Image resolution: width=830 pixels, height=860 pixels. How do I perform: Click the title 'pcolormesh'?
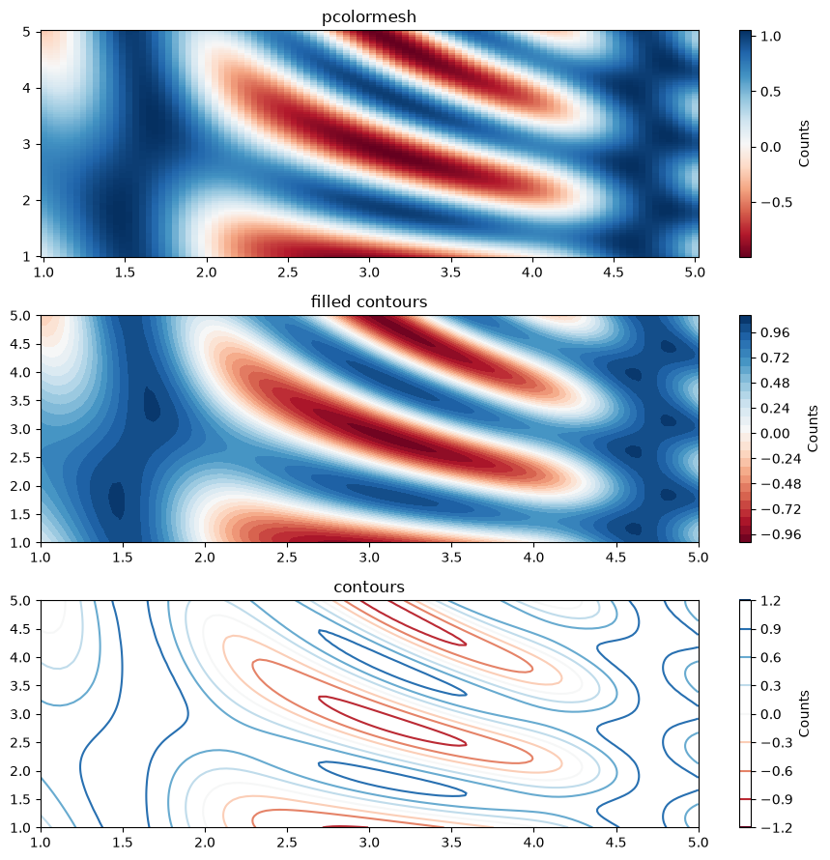pyautogui.click(x=369, y=17)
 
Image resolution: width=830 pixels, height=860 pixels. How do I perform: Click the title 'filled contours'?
pyautogui.click(x=369, y=301)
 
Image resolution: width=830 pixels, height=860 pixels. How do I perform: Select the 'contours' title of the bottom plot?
pyautogui.click(x=369, y=587)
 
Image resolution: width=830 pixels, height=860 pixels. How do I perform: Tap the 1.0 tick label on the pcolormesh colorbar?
pyautogui.click(x=771, y=36)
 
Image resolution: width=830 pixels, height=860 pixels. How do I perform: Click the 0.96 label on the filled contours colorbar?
pyautogui.click(x=775, y=332)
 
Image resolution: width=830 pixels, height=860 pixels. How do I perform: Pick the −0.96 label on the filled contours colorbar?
pyautogui.click(x=781, y=534)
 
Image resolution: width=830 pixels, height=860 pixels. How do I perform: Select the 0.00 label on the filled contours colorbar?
pyautogui.click(x=775, y=433)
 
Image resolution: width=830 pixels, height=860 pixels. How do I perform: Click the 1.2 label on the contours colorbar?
pyautogui.click(x=771, y=601)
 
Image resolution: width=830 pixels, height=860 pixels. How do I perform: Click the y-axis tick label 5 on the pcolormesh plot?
pyautogui.click(x=27, y=32)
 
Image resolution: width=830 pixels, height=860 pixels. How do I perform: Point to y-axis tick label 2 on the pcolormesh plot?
pyautogui.click(x=27, y=200)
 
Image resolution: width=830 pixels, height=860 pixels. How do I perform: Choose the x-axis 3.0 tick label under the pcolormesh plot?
pyautogui.click(x=369, y=272)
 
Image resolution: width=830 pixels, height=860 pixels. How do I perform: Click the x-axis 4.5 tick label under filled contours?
pyautogui.click(x=616, y=558)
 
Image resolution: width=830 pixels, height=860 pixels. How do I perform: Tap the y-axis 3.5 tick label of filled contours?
pyautogui.click(x=21, y=401)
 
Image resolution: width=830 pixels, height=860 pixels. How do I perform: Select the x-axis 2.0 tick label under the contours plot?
pyautogui.click(x=205, y=843)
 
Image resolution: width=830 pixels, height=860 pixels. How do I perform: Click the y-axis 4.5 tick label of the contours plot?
pyautogui.click(x=21, y=629)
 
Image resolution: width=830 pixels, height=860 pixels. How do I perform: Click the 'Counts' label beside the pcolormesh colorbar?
pyautogui.click(x=804, y=144)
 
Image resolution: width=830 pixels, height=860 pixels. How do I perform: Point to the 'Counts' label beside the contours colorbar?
pyautogui.click(x=804, y=713)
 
